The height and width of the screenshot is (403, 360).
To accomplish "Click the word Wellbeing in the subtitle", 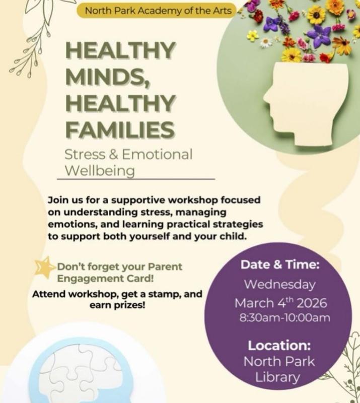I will pyautogui.click(x=98, y=171).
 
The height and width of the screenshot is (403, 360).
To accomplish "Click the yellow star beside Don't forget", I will pyautogui.click(x=44, y=266).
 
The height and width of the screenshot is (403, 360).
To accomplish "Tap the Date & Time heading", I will pyautogui.click(x=280, y=264).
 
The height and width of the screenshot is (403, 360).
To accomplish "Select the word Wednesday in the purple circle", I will pyautogui.click(x=280, y=284).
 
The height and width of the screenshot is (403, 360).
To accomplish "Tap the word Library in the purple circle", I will pyautogui.click(x=278, y=377).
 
